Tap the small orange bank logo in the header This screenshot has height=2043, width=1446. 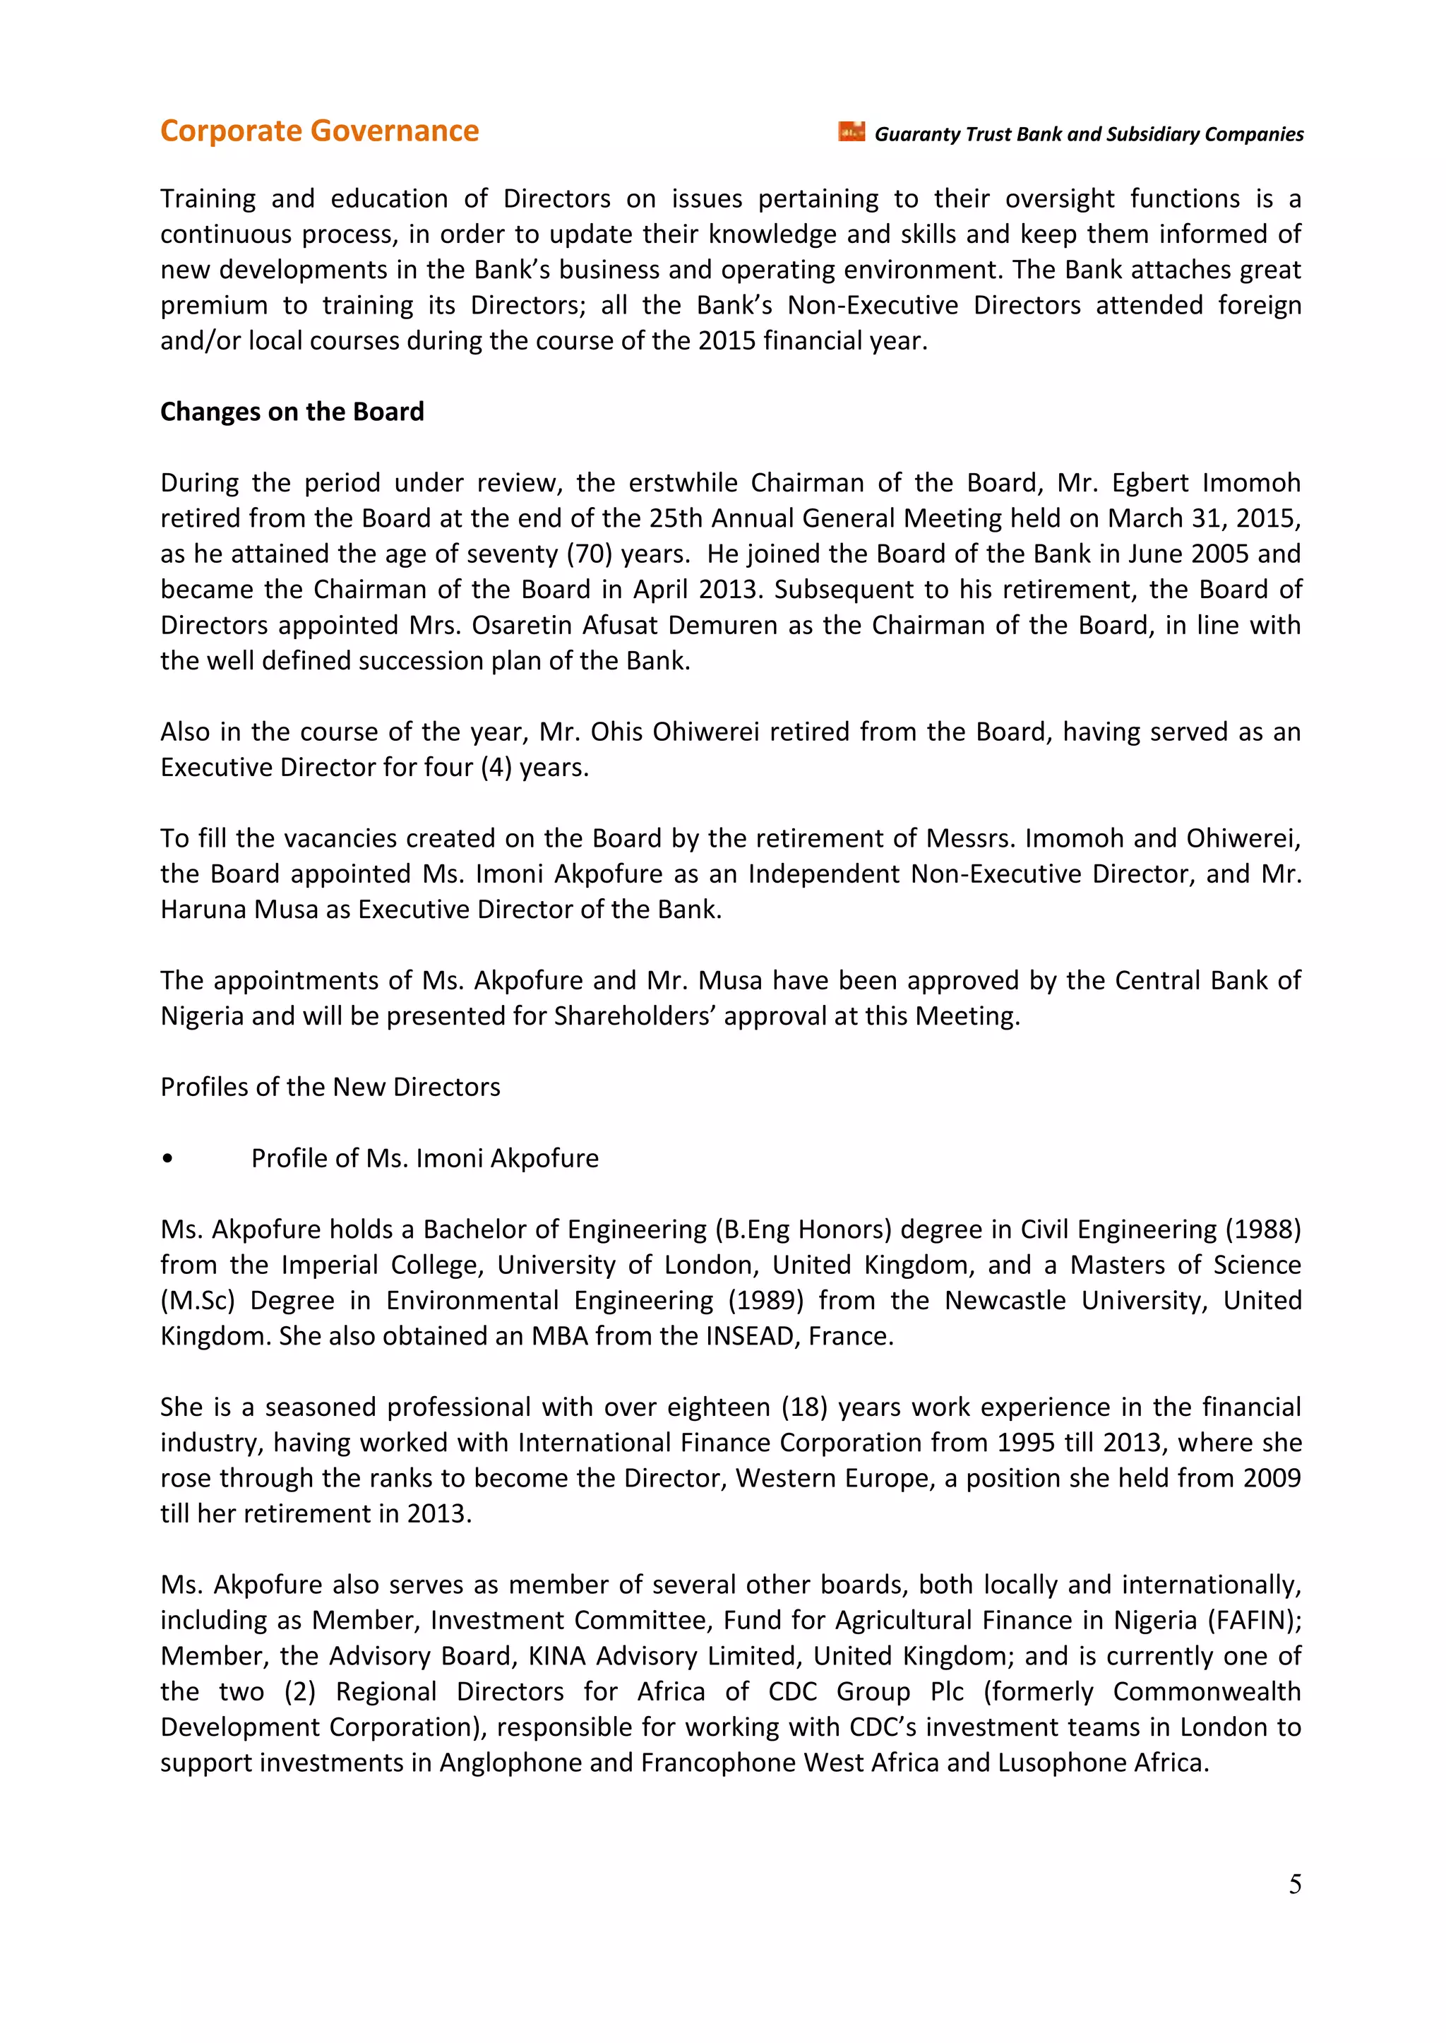click(x=852, y=132)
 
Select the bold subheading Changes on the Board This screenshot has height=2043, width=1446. click(x=292, y=412)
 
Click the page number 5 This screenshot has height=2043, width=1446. click(x=1295, y=1883)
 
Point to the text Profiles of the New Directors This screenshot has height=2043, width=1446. click(x=330, y=1087)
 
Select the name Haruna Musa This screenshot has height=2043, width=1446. click(x=242, y=910)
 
